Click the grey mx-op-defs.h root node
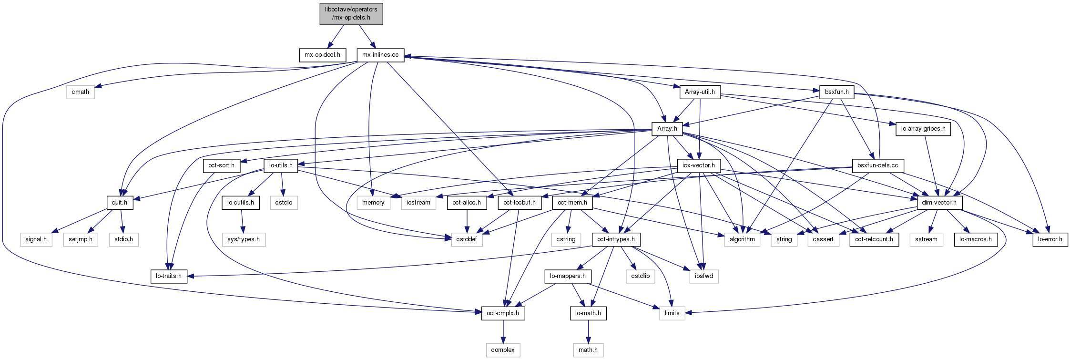(x=351, y=13)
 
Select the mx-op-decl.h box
(x=322, y=55)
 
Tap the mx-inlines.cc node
(x=380, y=55)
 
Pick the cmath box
(x=80, y=92)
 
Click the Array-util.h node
(x=700, y=92)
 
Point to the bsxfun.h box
(x=836, y=92)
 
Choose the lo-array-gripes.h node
(x=923, y=129)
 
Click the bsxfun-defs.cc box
(x=877, y=165)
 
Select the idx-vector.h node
(x=698, y=165)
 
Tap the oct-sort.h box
(x=221, y=165)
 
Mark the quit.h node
(x=119, y=203)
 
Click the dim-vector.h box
(x=939, y=203)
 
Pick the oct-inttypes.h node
(x=616, y=239)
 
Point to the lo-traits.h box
(x=169, y=276)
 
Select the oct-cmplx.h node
(x=503, y=313)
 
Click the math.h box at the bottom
(x=588, y=350)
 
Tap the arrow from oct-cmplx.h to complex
(x=503, y=332)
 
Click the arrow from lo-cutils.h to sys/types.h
(x=243, y=221)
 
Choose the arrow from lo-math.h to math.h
(x=588, y=332)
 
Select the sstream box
(x=926, y=239)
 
